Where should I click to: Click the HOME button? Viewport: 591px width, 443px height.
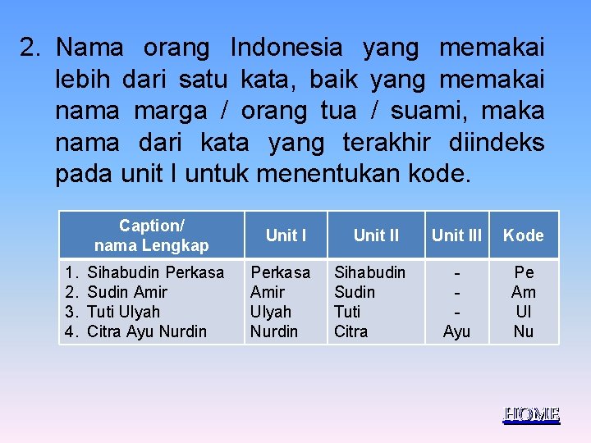(531, 414)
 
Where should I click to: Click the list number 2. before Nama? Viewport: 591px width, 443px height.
(32, 48)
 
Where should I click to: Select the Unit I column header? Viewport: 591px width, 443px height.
(286, 235)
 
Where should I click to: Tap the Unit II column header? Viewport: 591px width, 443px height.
(376, 235)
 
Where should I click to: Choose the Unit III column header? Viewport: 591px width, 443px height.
(456, 235)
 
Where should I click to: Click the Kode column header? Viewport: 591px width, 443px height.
(524, 235)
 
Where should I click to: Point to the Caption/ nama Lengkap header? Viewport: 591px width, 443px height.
(152, 235)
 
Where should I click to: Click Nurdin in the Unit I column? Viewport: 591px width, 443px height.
(274, 331)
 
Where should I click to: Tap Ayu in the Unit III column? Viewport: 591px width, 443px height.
(456, 331)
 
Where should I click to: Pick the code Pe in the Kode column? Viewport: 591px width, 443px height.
(524, 272)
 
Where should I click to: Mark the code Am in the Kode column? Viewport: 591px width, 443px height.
(524, 292)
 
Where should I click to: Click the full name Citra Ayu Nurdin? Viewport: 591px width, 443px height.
(147, 331)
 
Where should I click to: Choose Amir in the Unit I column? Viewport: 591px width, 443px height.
(268, 292)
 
